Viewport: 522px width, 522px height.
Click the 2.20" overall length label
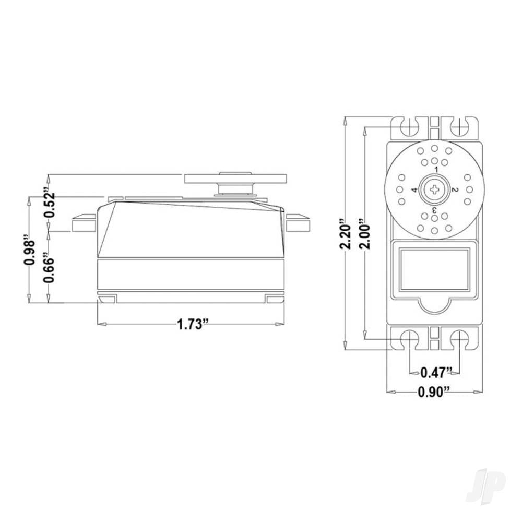click(x=345, y=234)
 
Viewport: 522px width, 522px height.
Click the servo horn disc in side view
click(x=236, y=178)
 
